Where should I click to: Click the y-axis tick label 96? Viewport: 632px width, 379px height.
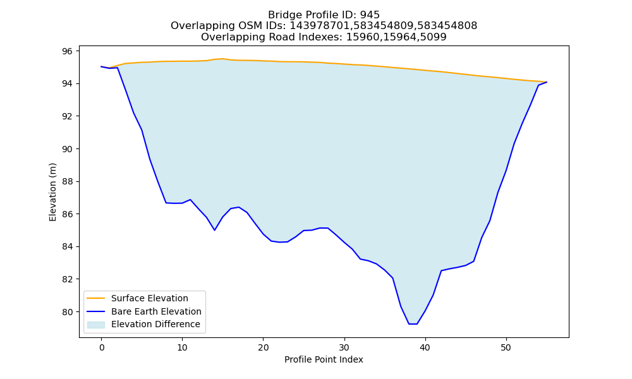[68, 51]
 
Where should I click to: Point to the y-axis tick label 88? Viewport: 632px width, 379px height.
[68, 182]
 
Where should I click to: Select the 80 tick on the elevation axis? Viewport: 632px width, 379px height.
[68, 312]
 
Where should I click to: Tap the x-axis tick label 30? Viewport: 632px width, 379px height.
[344, 347]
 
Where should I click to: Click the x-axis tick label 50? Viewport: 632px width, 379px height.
[506, 347]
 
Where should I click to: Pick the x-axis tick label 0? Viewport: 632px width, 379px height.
[101, 347]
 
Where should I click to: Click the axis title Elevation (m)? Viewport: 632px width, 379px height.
[53, 192]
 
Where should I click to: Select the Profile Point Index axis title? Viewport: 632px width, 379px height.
[324, 359]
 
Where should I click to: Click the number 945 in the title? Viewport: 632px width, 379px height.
[370, 15]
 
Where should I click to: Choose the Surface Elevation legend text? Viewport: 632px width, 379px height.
[150, 298]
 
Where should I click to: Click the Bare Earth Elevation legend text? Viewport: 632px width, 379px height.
[156, 311]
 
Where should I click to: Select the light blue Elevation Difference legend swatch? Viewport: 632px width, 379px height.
[96, 325]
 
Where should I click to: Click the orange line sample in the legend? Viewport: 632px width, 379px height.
[96, 298]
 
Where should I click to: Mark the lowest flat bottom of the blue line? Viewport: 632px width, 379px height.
[413, 324]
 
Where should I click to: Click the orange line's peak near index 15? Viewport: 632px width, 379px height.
[222, 59]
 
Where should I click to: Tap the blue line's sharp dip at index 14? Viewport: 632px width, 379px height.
[214, 230]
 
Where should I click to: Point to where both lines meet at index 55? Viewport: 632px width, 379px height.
[547, 82]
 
